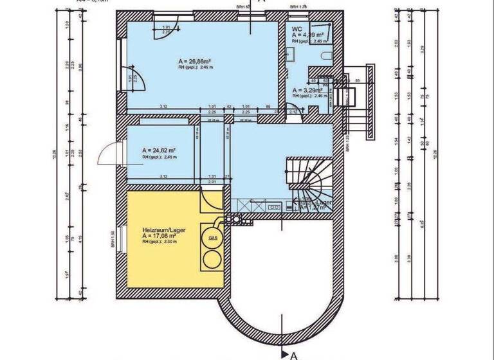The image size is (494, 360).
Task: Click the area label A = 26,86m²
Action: coord(195,62)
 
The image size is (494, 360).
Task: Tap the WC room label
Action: coord(297,29)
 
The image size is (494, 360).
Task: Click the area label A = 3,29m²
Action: coord(306,91)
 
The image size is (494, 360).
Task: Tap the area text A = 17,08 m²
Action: coord(160,236)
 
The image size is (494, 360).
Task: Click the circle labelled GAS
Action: coord(212,237)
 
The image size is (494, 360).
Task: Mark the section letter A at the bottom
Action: coord(293,354)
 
